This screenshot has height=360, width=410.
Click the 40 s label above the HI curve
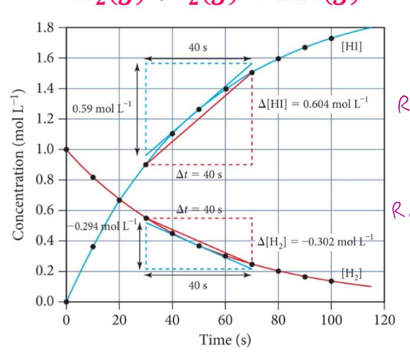tap(198, 50)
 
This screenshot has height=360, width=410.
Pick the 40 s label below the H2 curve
tap(198, 285)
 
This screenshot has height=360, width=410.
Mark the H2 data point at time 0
tap(66, 149)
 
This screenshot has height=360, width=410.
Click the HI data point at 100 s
tap(331, 38)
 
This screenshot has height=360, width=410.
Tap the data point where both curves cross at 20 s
tap(119, 200)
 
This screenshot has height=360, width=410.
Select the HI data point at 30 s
tap(146, 165)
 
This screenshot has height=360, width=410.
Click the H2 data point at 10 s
tap(93, 177)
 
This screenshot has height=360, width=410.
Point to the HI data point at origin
tap(66, 302)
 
